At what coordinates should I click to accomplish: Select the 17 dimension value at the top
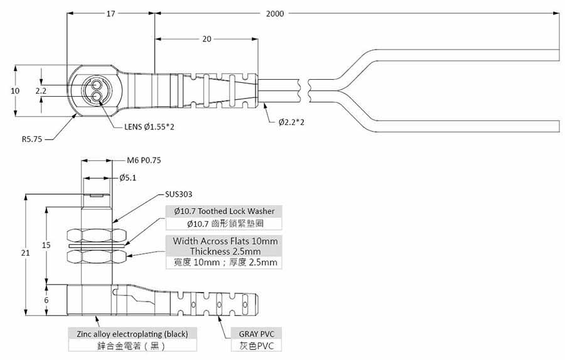pyautogui.click(x=110, y=13)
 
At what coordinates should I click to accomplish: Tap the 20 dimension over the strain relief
pyautogui.click(x=206, y=39)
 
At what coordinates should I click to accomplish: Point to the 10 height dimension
pyautogui.click(x=15, y=90)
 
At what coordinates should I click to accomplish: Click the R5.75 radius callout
pyautogui.click(x=31, y=139)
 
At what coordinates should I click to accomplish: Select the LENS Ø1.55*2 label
pyautogui.click(x=149, y=127)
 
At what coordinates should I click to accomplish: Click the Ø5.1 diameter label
pyautogui.click(x=129, y=178)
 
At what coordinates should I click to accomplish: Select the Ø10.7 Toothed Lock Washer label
pyautogui.click(x=223, y=211)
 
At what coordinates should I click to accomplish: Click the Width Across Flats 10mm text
pyautogui.click(x=225, y=241)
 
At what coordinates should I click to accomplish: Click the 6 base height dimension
pyautogui.click(x=46, y=300)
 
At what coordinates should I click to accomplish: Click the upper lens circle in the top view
pyautogui.click(x=97, y=84)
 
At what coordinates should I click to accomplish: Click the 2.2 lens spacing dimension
pyautogui.click(x=41, y=90)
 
